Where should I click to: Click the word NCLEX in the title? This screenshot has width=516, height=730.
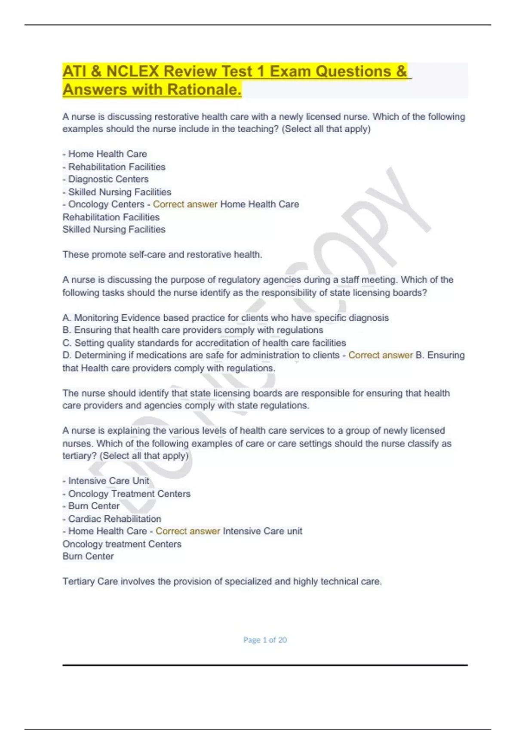click(x=132, y=71)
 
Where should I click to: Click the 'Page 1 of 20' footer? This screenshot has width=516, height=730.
click(x=265, y=640)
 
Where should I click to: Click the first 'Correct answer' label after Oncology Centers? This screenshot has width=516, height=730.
click(x=185, y=204)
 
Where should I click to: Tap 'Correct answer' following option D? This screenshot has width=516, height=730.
click(x=381, y=355)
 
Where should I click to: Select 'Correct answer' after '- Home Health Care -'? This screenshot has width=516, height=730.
click(x=187, y=531)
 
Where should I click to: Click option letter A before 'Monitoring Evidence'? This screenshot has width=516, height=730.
click(x=66, y=318)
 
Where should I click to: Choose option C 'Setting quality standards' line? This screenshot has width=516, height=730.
click(x=204, y=343)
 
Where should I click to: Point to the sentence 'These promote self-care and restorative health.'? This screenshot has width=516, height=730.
click(x=162, y=255)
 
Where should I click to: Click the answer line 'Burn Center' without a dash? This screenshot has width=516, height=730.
click(x=88, y=556)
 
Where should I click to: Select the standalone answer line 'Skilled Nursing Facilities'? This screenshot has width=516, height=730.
click(x=114, y=229)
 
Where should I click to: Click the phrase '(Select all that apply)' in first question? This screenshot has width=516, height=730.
click(x=326, y=129)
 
